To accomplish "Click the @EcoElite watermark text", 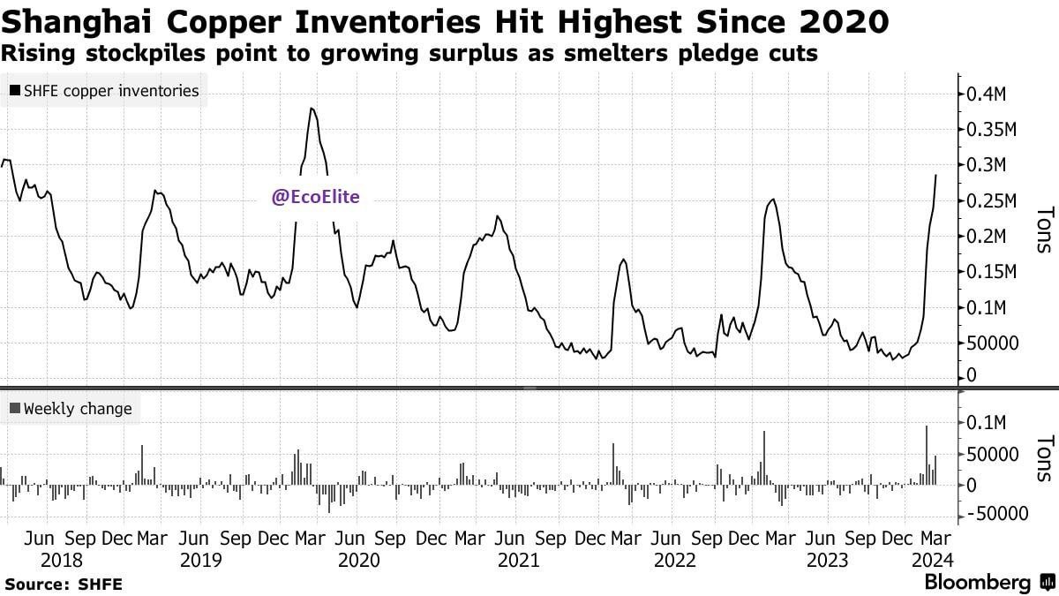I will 315,198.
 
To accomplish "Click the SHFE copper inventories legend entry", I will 104,90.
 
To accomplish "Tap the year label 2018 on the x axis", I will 62,560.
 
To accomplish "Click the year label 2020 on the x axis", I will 359,560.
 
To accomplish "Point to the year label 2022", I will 675,560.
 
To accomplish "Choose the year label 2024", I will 928,560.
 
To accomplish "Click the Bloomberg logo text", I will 977,583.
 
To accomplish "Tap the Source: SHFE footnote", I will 64,584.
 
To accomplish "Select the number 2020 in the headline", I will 838,19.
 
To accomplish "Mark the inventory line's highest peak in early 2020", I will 312,109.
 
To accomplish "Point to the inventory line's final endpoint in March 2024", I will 936,175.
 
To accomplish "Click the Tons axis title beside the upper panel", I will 1044,230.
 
